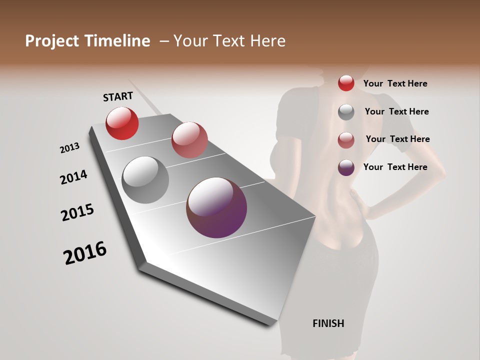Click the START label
pyautogui.click(x=118, y=96)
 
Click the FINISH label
pyautogui.click(x=328, y=323)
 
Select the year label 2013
pyautogui.click(x=69, y=148)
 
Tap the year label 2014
pyautogui.click(x=73, y=177)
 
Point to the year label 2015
pyautogui.click(x=77, y=212)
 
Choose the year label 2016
pyautogui.click(x=85, y=252)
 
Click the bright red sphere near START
pyautogui.click(x=122, y=123)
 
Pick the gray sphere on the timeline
pyautogui.click(x=145, y=179)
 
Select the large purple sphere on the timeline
pyautogui.click(x=216, y=207)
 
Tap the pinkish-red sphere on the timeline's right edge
pyautogui.click(x=189, y=139)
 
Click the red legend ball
pyautogui.click(x=346, y=83)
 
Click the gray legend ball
pyautogui.click(x=346, y=111)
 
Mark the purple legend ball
pyautogui.click(x=346, y=167)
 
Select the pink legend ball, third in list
pyautogui.click(x=346, y=139)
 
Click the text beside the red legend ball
pyautogui.click(x=395, y=83)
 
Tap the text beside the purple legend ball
pyautogui.click(x=395, y=167)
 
